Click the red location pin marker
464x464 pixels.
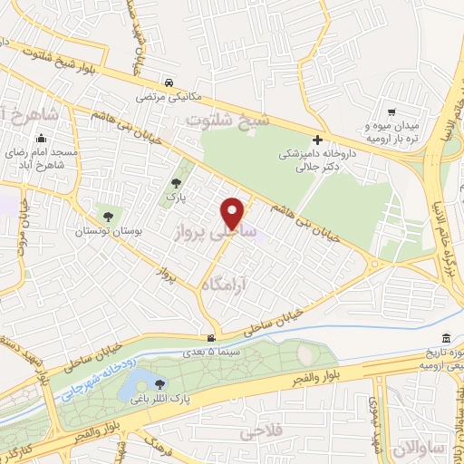pyautogui.click(x=233, y=212)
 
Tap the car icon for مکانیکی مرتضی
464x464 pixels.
pyautogui.click(x=171, y=79)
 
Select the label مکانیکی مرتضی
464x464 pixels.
pyautogui.click(x=171, y=94)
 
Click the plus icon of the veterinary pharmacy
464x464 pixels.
pyautogui.click(x=317, y=140)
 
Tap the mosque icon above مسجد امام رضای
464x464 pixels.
pyautogui.click(x=40, y=140)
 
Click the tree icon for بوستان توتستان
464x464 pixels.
pyautogui.click(x=109, y=216)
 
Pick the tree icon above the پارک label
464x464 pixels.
pyautogui.click(x=176, y=183)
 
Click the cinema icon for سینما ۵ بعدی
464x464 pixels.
pyautogui.click(x=211, y=337)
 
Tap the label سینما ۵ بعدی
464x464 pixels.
pyautogui.click(x=211, y=351)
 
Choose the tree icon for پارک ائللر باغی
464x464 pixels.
pyautogui.click(x=160, y=383)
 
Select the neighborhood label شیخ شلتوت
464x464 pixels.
pyautogui.click(x=216, y=121)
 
